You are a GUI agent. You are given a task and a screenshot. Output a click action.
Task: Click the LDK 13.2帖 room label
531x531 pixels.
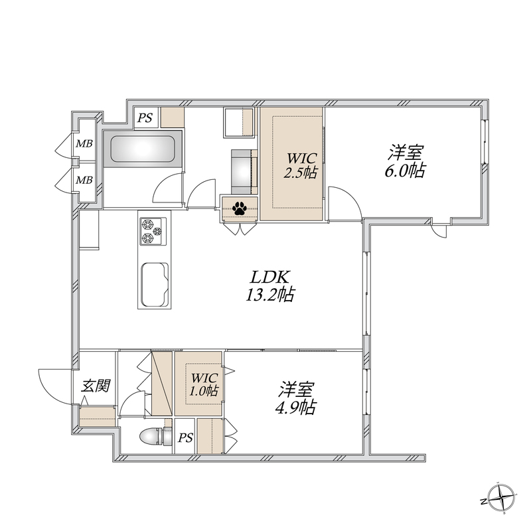(x=269, y=286)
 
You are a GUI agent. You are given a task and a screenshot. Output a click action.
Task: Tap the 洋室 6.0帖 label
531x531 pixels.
(x=406, y=161)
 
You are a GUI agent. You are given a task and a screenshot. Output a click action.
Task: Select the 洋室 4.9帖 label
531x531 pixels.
(x=296, y=398)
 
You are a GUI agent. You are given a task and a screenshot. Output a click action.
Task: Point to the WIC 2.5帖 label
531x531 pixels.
(x=301, y=165)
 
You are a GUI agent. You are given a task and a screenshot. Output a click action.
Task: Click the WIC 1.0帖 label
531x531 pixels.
(x=204, y=384)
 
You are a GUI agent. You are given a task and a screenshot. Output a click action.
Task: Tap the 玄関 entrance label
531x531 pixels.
(x=96, y=386)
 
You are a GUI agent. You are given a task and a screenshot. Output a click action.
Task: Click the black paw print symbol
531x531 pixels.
(x=240, y=208)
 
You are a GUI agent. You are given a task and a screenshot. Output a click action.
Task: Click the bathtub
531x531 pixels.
(x=143, y=149)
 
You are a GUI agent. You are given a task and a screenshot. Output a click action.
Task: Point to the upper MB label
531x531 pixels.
(x=84, y=143)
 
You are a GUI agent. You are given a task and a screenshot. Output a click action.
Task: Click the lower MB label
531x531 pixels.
(x=84, y=179)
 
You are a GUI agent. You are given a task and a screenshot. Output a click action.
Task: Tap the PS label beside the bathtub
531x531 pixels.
(x=145, y=118)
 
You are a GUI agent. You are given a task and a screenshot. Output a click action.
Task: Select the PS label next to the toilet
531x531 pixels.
(x=186, y=438)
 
